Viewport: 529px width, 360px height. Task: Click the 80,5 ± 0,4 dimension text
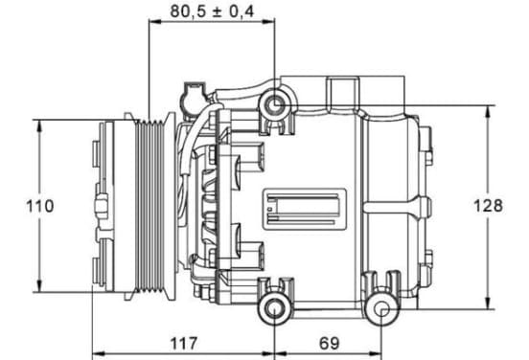[212, 11]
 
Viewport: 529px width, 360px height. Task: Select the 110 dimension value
[40, 206]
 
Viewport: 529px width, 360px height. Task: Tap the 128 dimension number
[488, 206]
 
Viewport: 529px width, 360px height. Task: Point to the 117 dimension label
[184, 344]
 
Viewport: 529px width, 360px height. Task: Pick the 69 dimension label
[329, 344]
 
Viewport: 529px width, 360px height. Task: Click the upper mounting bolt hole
[275, 105]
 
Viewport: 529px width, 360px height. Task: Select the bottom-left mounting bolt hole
[274, 309]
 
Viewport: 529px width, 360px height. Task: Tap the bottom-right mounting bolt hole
[382, 309]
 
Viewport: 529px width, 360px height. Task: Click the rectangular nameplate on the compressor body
[305, 209]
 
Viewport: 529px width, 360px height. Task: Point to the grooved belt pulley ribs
[149, 206]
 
